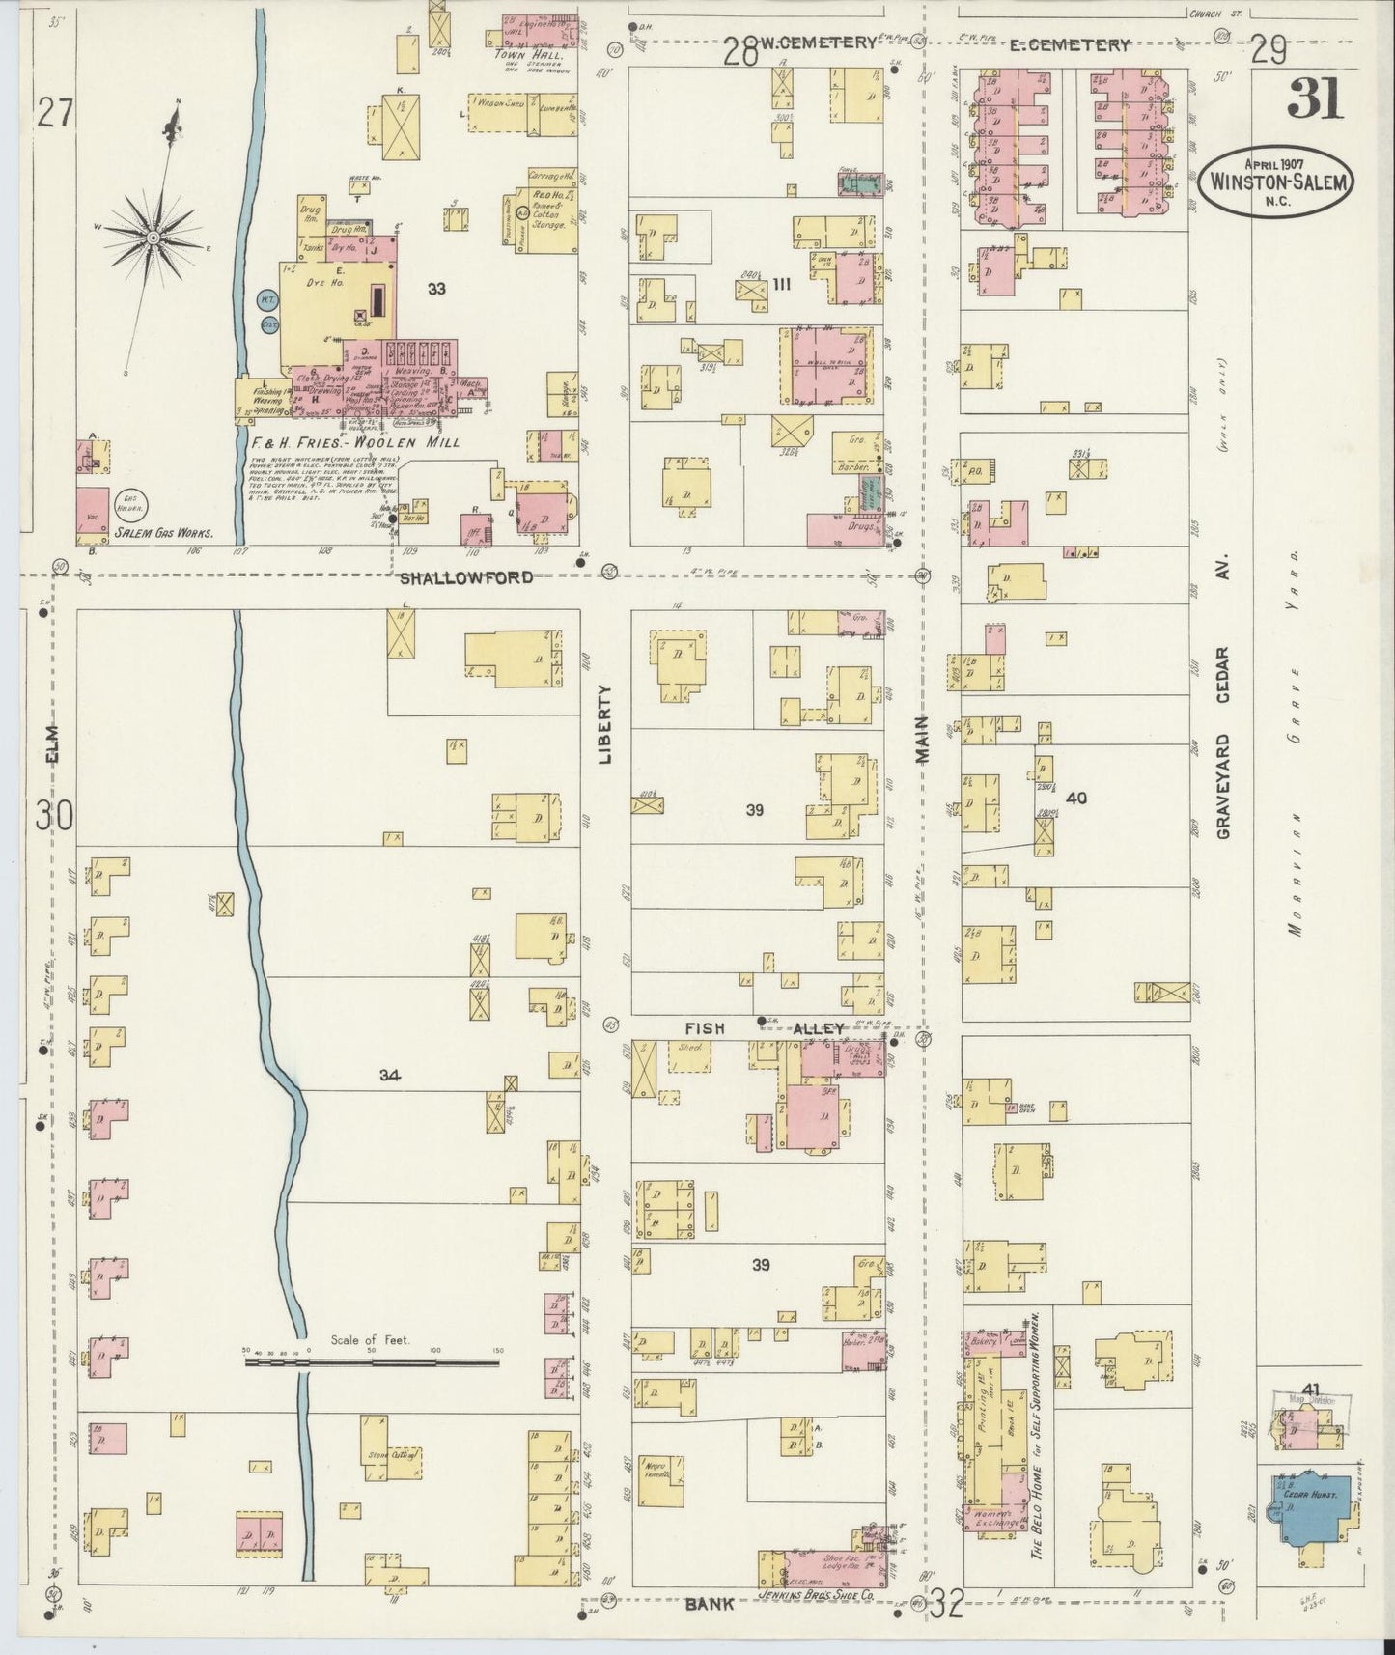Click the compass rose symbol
pos(153,235)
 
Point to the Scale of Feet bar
pos(372,1363)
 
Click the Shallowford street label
pos(466,577)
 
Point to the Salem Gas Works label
pos(162,532)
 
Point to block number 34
pos(389,1075)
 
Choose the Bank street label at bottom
pos(711,1603)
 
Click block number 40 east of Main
pos(1076,798)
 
